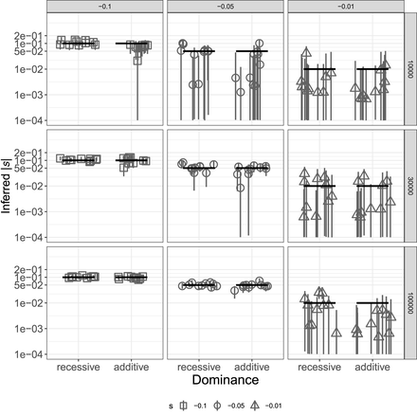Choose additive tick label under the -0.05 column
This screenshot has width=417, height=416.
(x=250, y=365)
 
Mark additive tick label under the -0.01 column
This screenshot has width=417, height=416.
(x=371, y=365)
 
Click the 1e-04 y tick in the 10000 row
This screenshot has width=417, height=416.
(x=30, y=120)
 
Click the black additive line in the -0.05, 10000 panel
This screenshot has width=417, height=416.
(x=251, y=51)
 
